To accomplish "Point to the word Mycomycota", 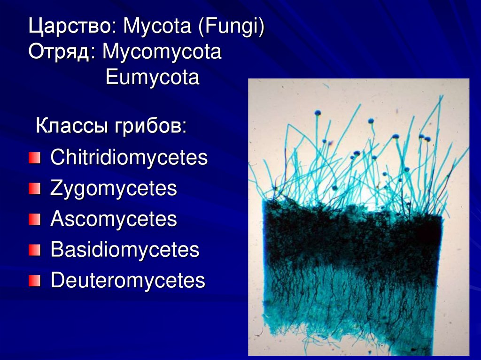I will pyautogui.click(x=162, y=52).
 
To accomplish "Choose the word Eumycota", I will pyautogui.click(x=153, y=77).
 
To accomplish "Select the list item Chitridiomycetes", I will pyautogui.click(x=129, y=158).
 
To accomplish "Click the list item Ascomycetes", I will pyautogui.click(x=114, y=219).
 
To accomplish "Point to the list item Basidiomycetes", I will pyautogui.click(x=125, y=250).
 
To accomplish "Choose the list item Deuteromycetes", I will pyautogui.click(x=128, y=281).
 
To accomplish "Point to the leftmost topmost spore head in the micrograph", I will pyautogui.click(x=318, y=113).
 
